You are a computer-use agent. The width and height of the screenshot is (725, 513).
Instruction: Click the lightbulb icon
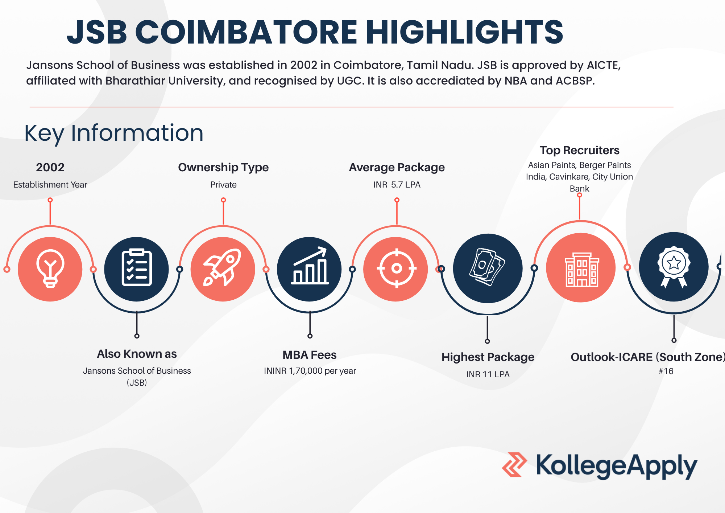[50, 269]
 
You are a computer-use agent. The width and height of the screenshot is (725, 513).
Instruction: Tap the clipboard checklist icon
[137, 267]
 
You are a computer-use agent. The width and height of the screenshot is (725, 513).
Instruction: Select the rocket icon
[223, 267]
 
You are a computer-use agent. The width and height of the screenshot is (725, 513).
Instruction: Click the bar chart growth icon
[310, 266]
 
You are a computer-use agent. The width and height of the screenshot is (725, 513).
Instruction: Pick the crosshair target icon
[397, 268]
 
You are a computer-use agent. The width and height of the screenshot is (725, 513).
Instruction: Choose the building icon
[582, 269]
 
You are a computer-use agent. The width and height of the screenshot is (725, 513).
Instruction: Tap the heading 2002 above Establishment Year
[50, 167]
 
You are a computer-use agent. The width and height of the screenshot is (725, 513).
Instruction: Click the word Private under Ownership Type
[223, 185]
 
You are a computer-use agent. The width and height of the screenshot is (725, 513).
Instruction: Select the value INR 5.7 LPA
[397, 185]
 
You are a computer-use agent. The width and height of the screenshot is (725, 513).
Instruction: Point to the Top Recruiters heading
[579, 150]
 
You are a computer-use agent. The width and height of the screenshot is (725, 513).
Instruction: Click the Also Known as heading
[137, 354]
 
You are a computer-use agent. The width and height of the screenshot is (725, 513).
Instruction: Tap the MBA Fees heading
[310, 355]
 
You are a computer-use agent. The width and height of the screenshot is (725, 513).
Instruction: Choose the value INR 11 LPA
[488, 374]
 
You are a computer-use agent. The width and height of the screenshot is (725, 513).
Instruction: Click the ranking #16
[666, 371]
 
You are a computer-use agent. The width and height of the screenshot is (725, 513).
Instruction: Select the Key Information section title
[114, 133]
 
